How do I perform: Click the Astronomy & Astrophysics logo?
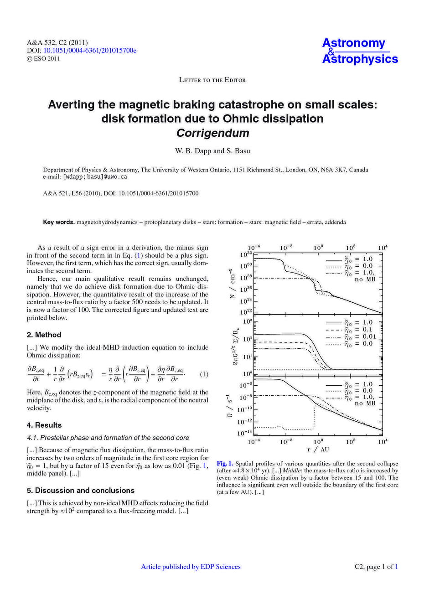[x=360, y=51]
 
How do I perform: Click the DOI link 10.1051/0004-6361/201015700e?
[x=90, y=50]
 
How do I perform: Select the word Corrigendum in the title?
[x=212, y=133]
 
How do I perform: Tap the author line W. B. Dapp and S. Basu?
[x=212, y=151]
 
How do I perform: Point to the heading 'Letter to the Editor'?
[x=212, y=80]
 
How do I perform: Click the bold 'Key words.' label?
[x=59, y=222]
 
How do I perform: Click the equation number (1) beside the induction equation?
[x=204, y=374]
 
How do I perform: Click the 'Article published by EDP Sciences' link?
[x=191, y=567]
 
